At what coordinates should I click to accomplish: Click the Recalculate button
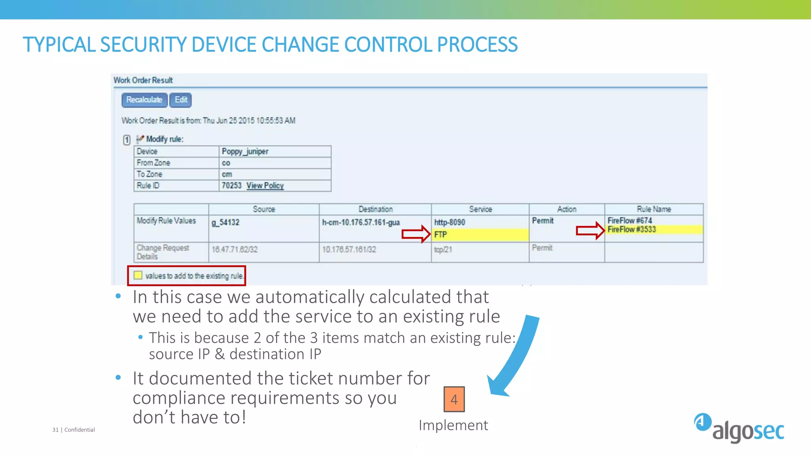point(144,100)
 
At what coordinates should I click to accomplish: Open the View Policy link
point(265,186)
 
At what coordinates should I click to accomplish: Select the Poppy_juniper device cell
point(245,152)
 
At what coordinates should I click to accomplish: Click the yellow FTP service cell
point(480,235)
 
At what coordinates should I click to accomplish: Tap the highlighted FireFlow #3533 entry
point(632,230)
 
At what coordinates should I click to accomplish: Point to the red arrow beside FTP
point(416,234)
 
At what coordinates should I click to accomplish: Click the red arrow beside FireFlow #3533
point(590,230)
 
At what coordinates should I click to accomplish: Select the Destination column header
point(375,209)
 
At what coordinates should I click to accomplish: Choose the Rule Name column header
point(654,209)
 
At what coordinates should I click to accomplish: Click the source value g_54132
point(225,222)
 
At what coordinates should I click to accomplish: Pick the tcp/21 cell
point(443,250)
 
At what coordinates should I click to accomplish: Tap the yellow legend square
point(138,275)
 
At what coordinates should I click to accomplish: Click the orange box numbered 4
point(454,399)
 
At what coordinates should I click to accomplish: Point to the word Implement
point(453,425)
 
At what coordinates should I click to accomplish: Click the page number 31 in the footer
point(55,430)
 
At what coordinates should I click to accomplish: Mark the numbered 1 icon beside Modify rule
point(127,140)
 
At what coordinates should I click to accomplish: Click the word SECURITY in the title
point(143,44)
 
